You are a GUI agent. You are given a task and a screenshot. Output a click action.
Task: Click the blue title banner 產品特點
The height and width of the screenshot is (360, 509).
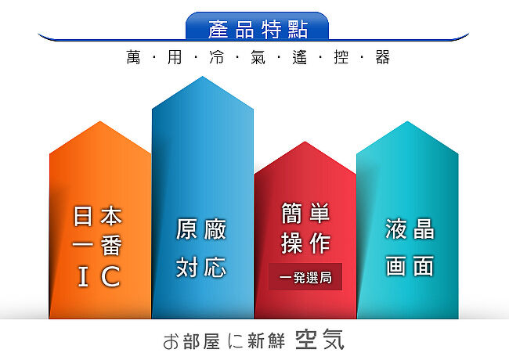[257, 27]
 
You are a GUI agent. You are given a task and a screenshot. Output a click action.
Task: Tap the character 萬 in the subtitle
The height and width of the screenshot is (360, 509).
[133, 57]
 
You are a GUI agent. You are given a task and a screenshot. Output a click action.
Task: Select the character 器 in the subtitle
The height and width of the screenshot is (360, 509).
[382, 57]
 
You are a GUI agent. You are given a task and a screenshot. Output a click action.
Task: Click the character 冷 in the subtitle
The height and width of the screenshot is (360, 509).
[216, 57]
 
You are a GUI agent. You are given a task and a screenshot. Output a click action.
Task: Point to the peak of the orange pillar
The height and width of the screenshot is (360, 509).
[100, 121]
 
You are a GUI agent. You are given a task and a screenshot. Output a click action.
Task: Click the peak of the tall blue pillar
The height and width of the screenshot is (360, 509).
[203, 77]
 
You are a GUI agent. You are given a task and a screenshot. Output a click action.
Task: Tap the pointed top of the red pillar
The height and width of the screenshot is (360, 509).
[305, 142]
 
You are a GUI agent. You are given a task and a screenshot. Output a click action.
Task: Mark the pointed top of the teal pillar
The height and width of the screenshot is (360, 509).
[407, 121]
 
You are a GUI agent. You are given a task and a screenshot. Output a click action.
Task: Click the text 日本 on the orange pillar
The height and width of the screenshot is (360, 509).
[98, 216]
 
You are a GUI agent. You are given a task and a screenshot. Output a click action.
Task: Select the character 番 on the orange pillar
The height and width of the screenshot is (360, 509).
[111, 246]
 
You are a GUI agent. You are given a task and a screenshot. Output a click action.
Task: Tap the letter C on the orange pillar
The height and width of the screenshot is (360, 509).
[110, 276]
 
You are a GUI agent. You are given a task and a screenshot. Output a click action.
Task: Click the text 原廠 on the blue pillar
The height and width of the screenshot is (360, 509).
[201, 229]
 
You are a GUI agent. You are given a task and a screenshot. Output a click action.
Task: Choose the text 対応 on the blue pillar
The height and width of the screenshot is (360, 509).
[201, 267]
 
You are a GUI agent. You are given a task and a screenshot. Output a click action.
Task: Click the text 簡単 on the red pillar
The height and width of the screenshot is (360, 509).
[305, 213]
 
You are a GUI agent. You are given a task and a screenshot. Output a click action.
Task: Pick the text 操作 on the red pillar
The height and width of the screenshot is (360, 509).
[305, 243]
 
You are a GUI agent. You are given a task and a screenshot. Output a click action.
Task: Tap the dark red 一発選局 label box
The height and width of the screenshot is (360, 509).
[305, 276]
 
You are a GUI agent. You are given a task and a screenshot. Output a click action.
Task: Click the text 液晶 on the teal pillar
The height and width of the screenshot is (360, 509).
[410, 229]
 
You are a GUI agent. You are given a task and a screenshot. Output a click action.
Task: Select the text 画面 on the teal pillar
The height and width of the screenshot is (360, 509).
[410, 266]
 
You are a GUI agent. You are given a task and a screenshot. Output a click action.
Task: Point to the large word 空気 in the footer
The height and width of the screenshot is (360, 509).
[319, 340]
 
